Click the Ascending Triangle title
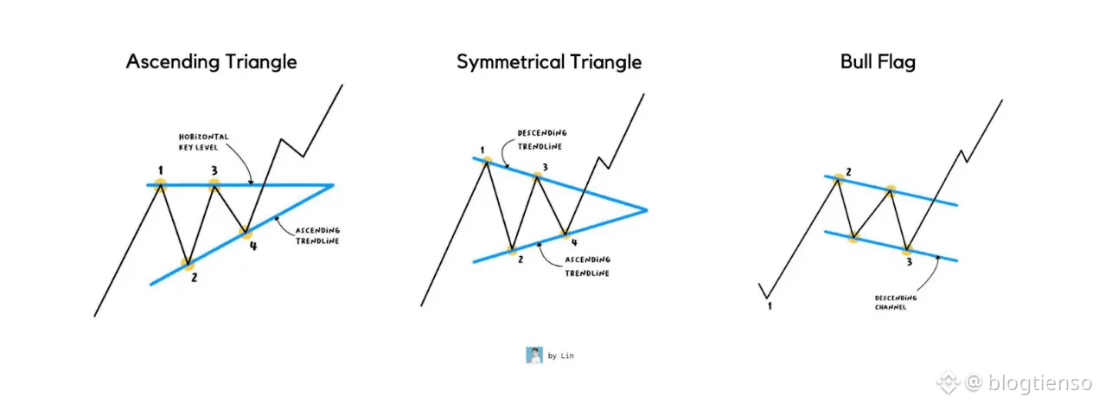coord(211,62)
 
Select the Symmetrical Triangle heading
coord(549,62)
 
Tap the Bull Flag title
coord(878,62)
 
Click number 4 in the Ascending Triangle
coord(253,245)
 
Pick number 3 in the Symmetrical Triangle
coord(545,167)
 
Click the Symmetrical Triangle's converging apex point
coord(646,209)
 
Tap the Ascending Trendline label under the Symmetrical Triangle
coord(587,266)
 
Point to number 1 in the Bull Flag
coord(768,305)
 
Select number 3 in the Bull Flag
coord(908,261)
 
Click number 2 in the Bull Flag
coord(848,172)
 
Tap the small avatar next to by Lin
coord(534,355)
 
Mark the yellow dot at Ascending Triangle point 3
coord(214,184)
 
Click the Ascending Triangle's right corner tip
coord(333,184)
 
